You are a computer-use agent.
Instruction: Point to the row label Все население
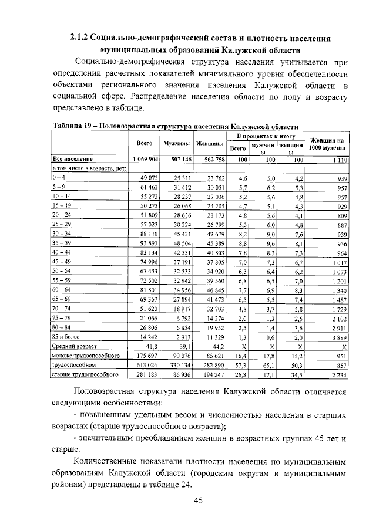click(72, 159)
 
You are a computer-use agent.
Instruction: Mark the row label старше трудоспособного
click(86, 374)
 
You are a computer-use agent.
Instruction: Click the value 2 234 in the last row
click(338, 374)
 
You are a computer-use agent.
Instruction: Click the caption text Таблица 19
click(72, 126)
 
